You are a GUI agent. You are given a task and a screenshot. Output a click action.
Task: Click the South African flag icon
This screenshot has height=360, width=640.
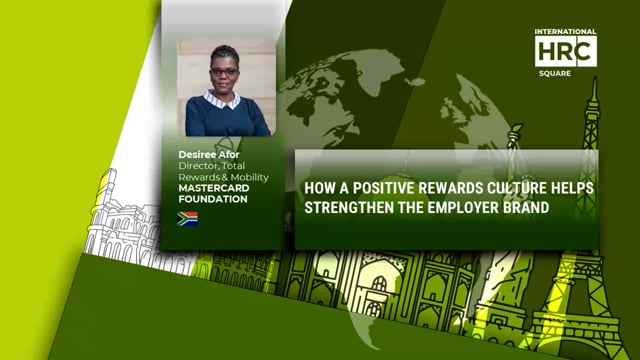click(187, 218)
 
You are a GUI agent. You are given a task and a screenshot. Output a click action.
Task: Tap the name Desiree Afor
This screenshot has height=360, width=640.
click(208, 156)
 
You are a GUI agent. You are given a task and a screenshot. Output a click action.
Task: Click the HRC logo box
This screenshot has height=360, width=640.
click(565, 51)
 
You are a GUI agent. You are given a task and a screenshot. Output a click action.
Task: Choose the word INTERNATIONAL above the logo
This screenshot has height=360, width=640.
click(565, 31)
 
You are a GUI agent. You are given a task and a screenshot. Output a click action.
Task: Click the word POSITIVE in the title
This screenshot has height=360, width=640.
click(377, 187)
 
